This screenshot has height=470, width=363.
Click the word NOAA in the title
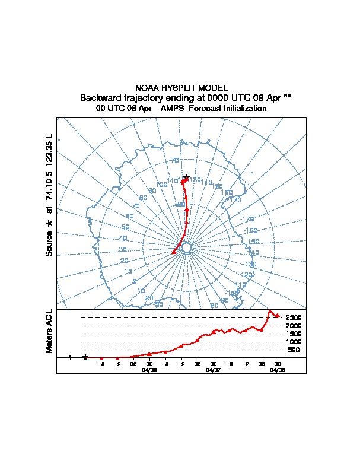[x=147, y=88]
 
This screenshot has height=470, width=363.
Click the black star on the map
[x=186, y=178]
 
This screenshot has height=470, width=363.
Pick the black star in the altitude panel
[x=85, y=357]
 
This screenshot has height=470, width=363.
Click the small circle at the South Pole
[x=186, y=247]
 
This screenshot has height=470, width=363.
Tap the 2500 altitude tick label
[x=294, y=318]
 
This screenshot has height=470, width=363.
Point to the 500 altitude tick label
[x=294, y=350]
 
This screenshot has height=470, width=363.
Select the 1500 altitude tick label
[x=294, y=334]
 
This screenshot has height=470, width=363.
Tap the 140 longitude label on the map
[x=208, y=182]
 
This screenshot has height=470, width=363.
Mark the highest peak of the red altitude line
[x=270, y=311]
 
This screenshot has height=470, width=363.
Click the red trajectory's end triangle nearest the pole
[x=174, y=252]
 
